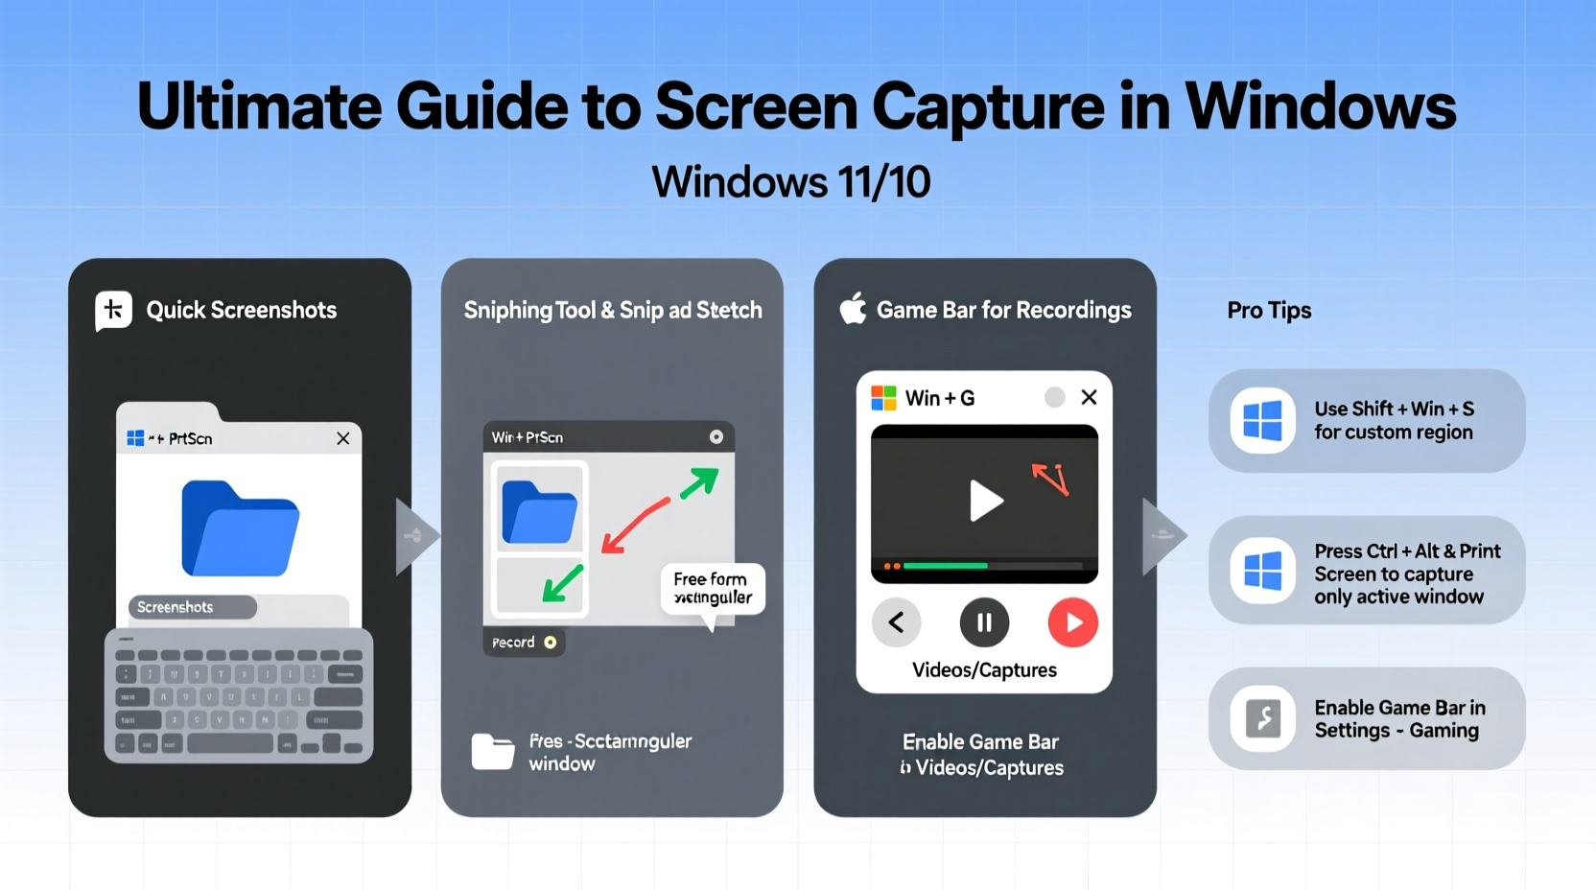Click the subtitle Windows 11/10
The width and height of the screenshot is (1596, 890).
tap(790, 182)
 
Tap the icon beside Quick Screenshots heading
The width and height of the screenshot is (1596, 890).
tap(113, 310)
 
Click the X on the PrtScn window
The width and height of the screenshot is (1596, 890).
tap(342, 438)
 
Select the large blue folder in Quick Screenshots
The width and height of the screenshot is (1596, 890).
tap(240, 528)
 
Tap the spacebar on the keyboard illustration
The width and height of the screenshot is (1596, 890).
tap(230, 744)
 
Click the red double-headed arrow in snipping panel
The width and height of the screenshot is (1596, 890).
tap(635, 526)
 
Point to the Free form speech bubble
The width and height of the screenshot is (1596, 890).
tap(712, 589)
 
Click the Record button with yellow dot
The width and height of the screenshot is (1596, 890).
tap(524, 643)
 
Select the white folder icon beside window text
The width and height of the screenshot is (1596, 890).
tap(493, 752)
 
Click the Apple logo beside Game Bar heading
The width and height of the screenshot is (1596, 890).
tap(853, 309)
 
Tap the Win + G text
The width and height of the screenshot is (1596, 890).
tap(939, 398)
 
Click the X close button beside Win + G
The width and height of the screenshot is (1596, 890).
tap(1089, 397)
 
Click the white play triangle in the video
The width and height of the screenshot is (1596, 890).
tap(984, 501)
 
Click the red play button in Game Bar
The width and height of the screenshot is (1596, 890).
tap(1072, 622)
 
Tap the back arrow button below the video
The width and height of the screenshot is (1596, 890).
tap(897, 622)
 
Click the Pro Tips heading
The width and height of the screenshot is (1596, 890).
tap(1268, 311)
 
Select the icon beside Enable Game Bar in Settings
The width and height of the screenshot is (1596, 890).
tap(1262, 718)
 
